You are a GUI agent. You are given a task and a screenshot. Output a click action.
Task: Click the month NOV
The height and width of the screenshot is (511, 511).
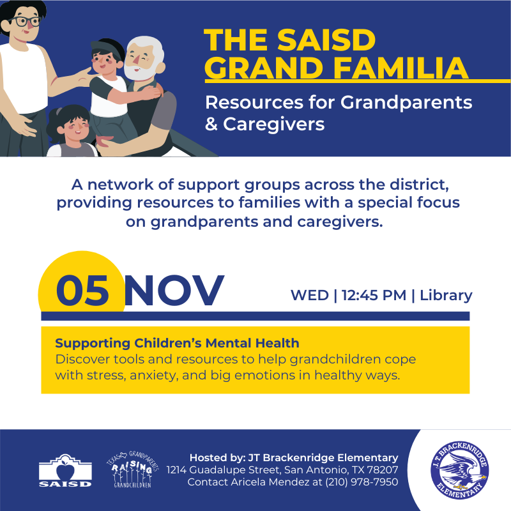174,291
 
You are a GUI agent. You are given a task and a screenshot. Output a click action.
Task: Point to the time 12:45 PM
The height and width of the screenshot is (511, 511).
374,295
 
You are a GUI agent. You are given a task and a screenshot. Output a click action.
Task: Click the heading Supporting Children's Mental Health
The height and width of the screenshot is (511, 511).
177,344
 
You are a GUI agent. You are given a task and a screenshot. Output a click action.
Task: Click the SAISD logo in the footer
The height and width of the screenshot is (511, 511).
65,471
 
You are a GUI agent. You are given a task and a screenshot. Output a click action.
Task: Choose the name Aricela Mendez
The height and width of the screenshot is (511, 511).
268,482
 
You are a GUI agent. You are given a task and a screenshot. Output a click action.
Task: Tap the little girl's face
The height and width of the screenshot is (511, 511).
75,128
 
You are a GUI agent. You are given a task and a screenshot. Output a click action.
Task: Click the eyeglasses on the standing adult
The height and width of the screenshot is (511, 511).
26,21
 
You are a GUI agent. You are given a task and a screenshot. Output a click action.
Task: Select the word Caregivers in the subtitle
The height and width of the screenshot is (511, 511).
273,123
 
